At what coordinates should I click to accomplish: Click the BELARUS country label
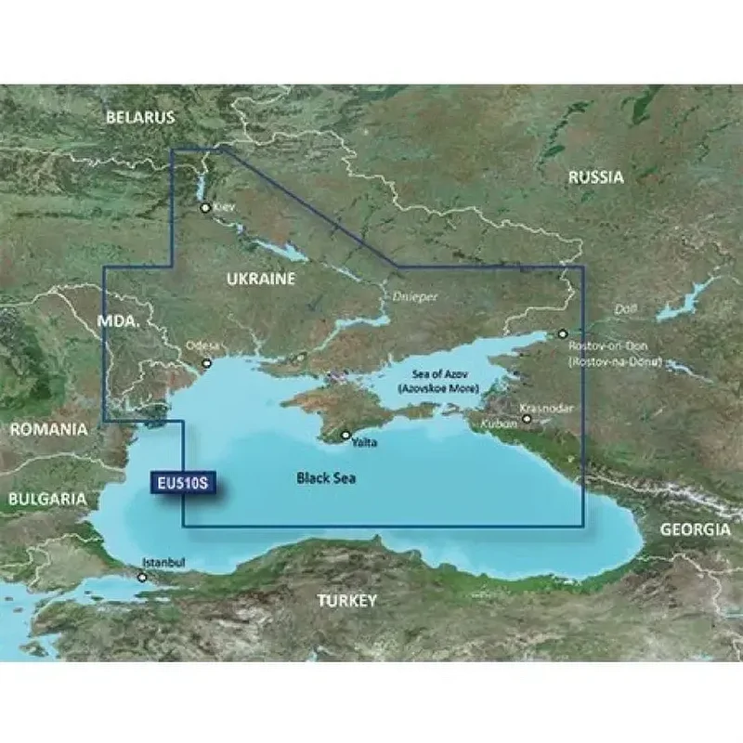coord(139,118)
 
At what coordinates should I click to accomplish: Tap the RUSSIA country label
coord(596,177)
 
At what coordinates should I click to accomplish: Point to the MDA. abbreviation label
coord(118,321)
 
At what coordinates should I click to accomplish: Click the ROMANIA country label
coord(48,430)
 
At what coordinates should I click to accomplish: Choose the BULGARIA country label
coord(46,499)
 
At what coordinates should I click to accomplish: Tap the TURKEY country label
coord(346,601)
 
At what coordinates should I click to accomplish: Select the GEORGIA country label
coord(695,529)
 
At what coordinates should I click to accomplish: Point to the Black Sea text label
coord(326,478)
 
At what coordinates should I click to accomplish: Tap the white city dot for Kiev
coord(205,208)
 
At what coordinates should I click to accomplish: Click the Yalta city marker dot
coord(345,435)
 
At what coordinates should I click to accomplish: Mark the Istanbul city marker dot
coord(142,577)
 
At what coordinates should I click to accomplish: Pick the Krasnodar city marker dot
coord(527,419)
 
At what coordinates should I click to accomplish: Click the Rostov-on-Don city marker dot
coord(562,332)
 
